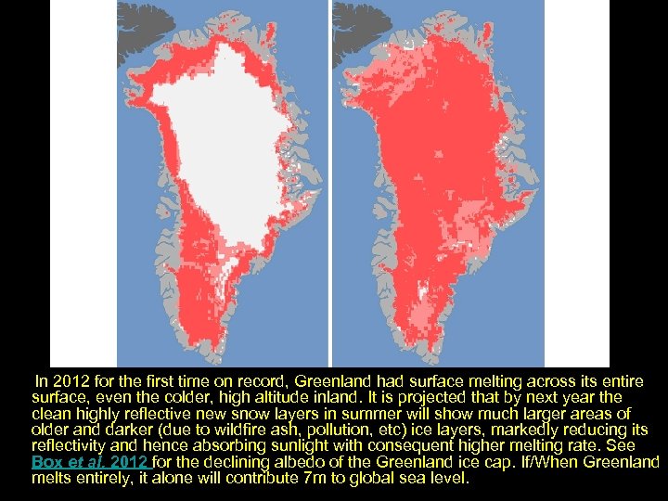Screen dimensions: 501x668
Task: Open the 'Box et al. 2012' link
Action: click(x=90, y=462)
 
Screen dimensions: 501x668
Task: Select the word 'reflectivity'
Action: click(x=68, y=446)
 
